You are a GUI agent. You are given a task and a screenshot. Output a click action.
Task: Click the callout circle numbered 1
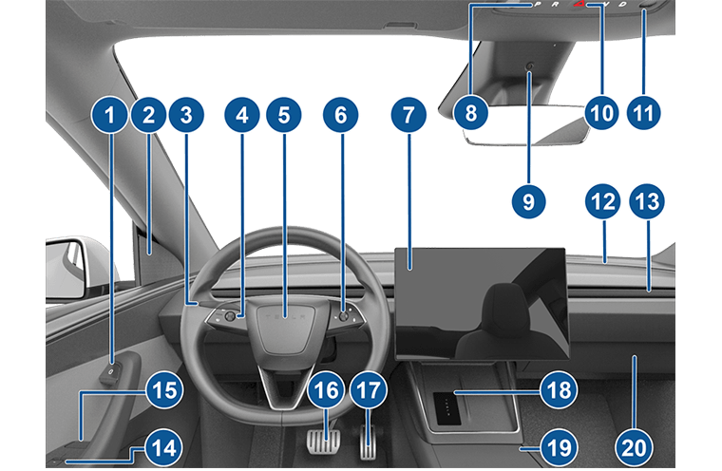[x=109, y=115]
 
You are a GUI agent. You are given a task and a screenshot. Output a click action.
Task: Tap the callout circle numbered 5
[x=284, y=115]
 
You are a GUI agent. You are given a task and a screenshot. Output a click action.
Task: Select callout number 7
[x=408, y=115]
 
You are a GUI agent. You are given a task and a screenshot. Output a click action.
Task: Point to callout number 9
[x=528, y=201]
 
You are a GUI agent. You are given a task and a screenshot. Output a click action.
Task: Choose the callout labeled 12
[x=602, y=201]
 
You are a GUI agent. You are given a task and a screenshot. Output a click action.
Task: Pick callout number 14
[x=164, y=447]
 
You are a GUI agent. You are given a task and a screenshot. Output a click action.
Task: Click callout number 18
[x=559, y=390]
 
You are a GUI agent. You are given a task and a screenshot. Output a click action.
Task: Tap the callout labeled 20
[x=634, y=447]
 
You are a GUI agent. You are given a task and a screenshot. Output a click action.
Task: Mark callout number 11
[x=644, y=113]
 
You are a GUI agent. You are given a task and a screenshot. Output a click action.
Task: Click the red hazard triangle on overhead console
[x=579, y=4]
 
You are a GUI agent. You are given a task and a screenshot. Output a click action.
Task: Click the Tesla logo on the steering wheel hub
[x=284, y=317]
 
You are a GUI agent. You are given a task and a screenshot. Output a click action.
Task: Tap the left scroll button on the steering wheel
[x=229, y=316]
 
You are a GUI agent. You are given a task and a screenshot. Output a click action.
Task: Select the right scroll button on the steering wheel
[x=343, y=316]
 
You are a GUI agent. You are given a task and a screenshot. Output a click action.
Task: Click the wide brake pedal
[x=324, y=442]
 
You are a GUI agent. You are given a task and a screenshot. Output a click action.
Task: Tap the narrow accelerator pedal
[x=368, y=443]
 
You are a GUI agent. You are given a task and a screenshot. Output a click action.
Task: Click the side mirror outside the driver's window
[x=66, y=269]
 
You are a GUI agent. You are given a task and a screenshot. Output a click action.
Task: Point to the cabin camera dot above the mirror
[x=529, y=66]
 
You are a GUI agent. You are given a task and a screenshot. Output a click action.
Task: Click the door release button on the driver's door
[x=111, y=371]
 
